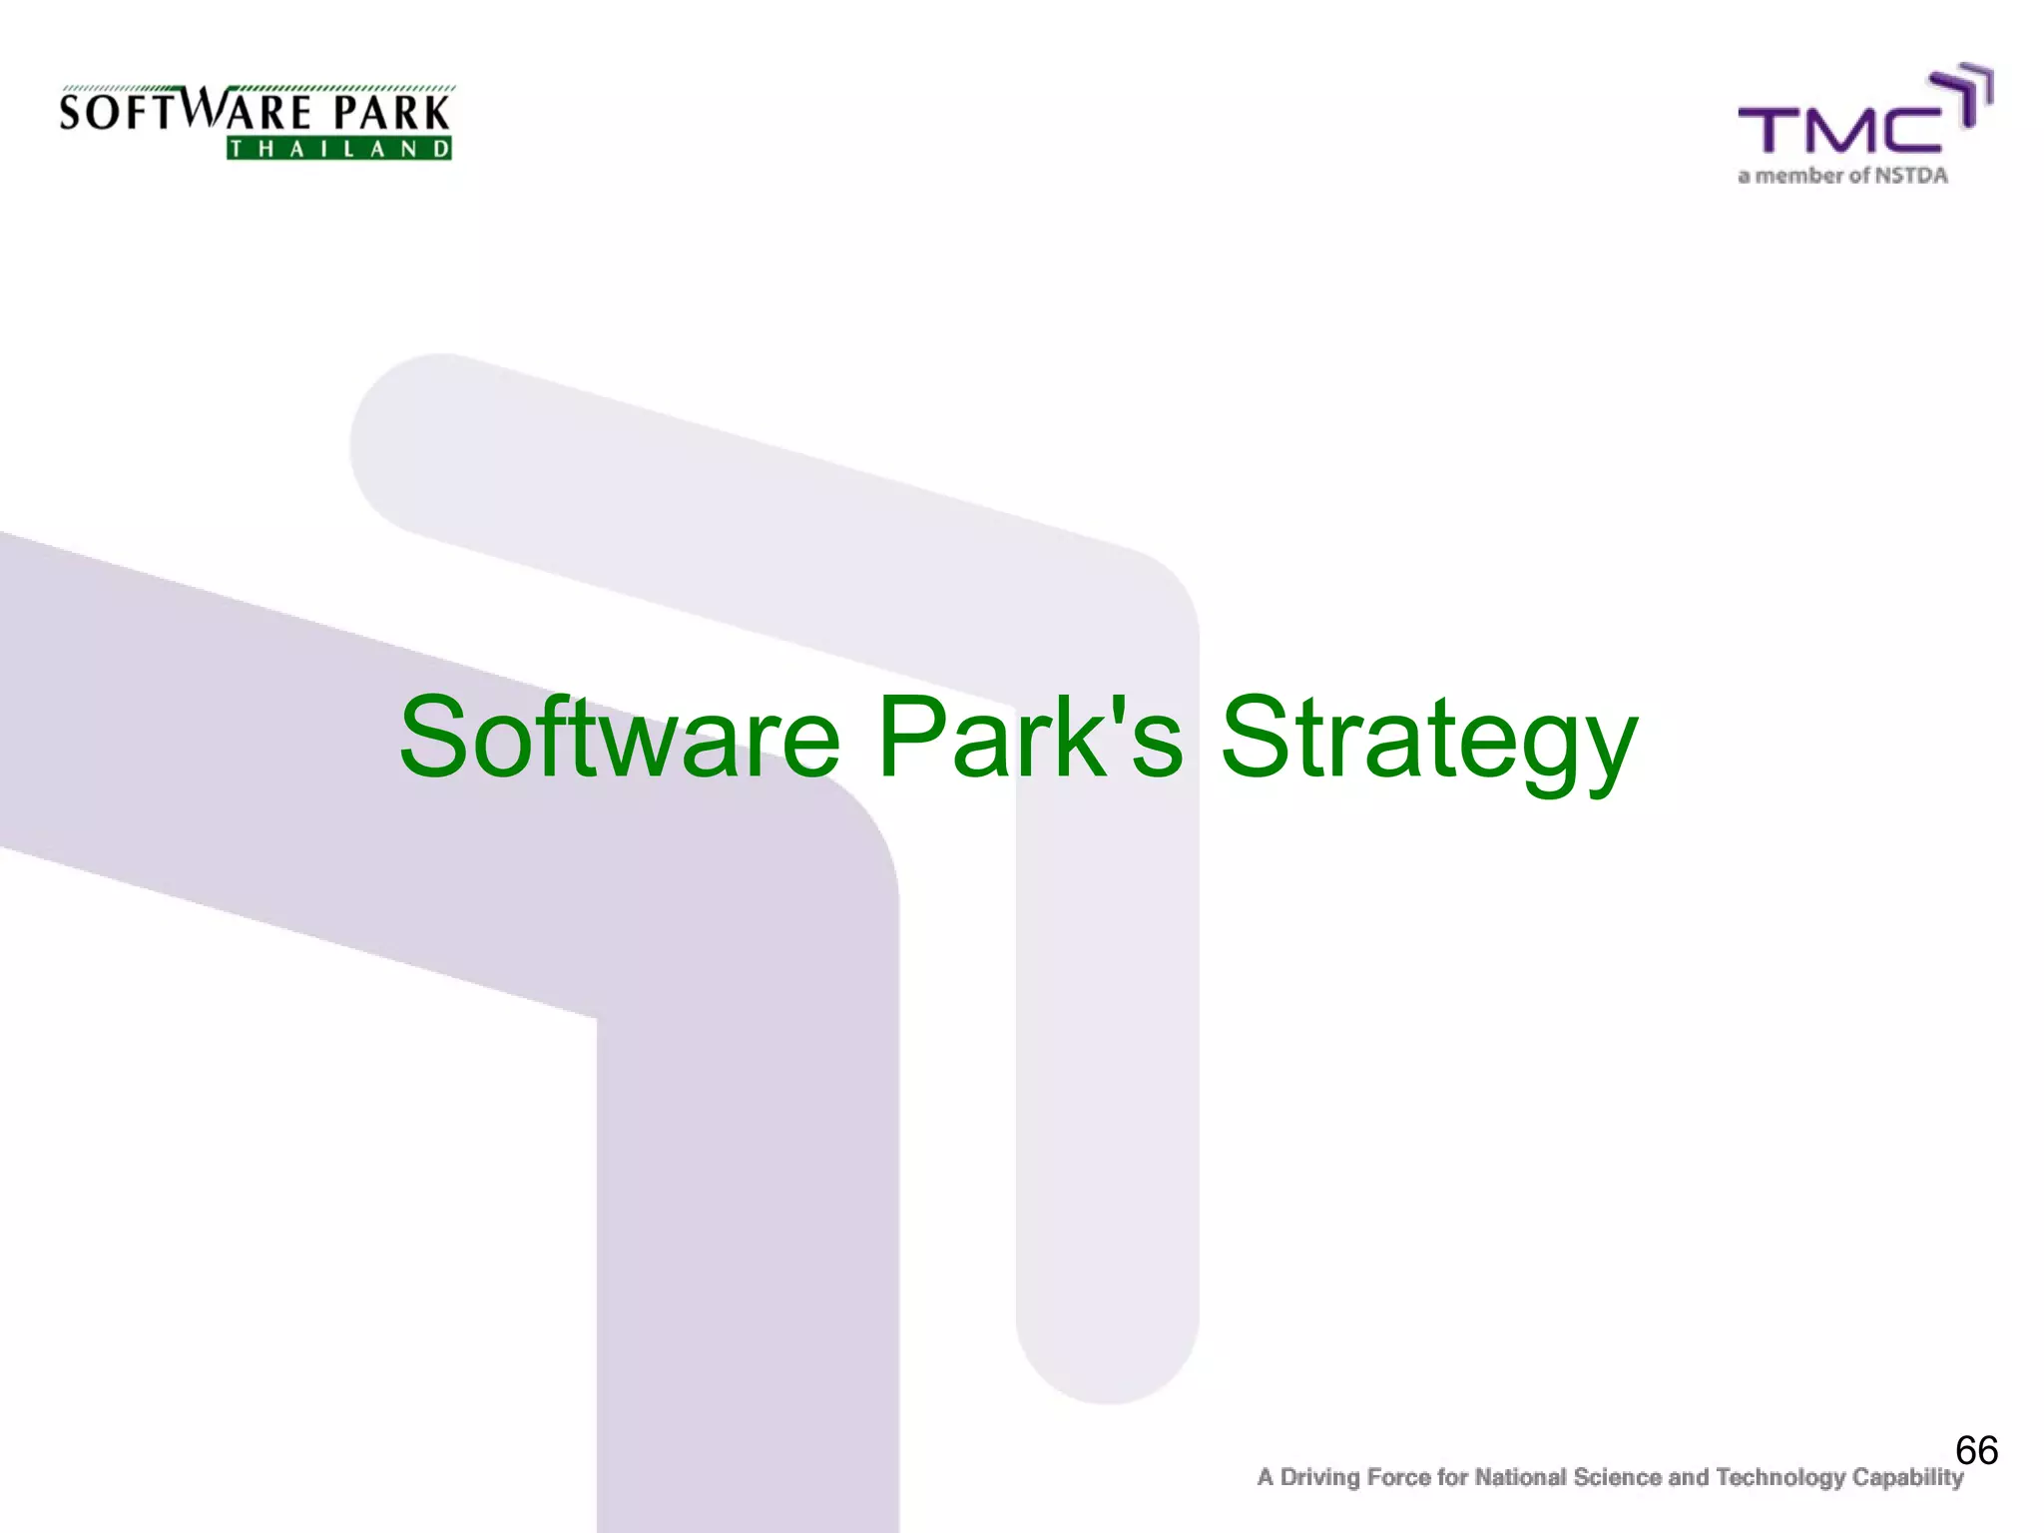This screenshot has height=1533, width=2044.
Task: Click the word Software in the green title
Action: coord(619,739)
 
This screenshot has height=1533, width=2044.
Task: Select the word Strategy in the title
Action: coord(1428,744)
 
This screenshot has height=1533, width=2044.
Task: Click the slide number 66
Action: coord(1976,1450)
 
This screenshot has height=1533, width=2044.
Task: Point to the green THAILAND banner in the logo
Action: coord(339,150)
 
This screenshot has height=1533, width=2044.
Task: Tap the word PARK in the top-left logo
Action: coord(391,113)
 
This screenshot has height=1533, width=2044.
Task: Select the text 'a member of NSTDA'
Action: coord(1842,177)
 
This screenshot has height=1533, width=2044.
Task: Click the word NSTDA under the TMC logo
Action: coord(1910,177)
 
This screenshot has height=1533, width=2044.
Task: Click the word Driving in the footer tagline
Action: coord(1319,1478)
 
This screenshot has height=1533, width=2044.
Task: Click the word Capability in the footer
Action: coord(1907,1478)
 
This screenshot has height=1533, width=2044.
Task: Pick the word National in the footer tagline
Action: coord(1520,1477)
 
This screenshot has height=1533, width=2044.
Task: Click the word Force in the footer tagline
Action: coord(1400,1477)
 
